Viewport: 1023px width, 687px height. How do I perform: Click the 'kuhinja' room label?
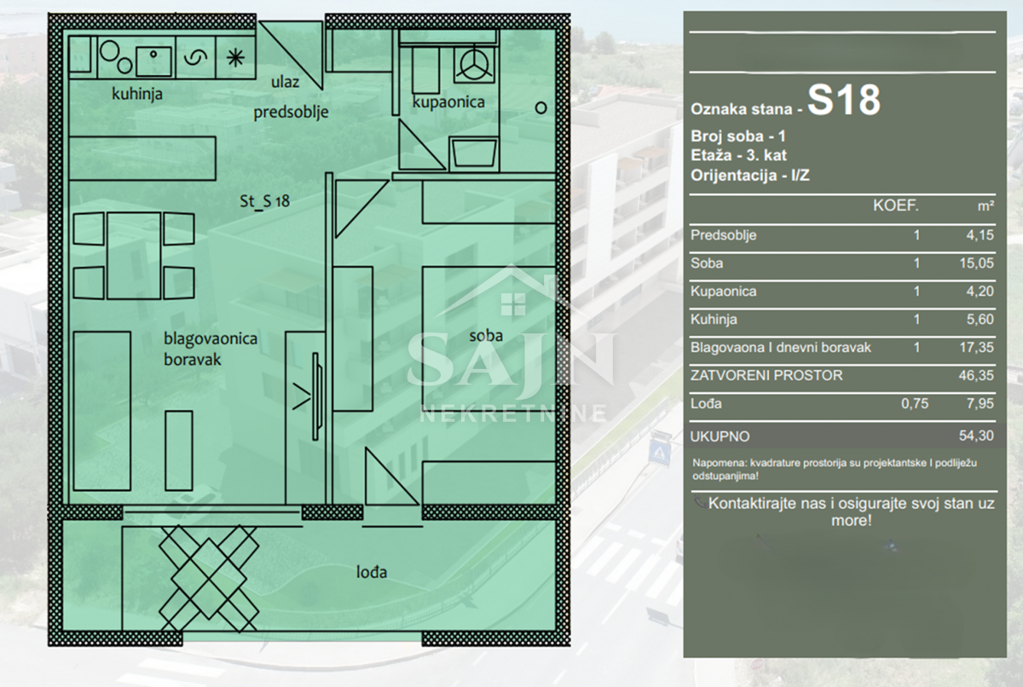pyautogui.click(x=137, y=94)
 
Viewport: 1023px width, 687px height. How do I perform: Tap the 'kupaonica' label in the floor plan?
pyautogui.click(x=448, y=101)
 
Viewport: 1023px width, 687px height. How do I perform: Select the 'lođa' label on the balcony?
pyautogui.click(x=372, y=572)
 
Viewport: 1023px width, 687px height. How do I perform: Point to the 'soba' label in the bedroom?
pyautogui.click(x=486, y=336)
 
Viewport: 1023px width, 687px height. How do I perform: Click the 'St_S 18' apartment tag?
pyautogui.click(x=264, y=201)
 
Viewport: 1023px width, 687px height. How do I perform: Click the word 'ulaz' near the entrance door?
pyautogui.click(x=285, y=82)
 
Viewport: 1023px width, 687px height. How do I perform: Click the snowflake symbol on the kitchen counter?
pyautogui.click(x=235, y=58)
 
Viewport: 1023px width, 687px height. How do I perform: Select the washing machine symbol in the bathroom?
pyautogui.click(x=475, y=63)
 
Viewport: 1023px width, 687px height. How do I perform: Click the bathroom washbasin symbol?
pyautogui.click(x=474, y=153)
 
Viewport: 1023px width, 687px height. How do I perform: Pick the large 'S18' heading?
pyautogui.click(x=844, y=101)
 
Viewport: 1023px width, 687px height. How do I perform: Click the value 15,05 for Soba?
pyautogui.click(x=976, y=263)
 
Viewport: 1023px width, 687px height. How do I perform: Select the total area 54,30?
pyautogui.click(x=976, y=436)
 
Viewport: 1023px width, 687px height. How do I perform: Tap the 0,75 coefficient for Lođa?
pyautogui.click(x=915, y=403)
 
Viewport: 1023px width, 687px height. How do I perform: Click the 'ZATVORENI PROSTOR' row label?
pyautogui.click(x=766, y=375)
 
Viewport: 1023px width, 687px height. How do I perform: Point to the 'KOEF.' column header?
pyautogui.click(x=896, y=206)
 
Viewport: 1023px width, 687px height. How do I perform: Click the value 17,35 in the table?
pyautogui.click(x=976, y=348)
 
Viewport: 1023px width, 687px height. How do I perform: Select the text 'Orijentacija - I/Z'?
pyautogui.click(x=750, y=176)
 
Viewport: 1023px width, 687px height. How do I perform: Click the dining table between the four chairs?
pyautogui.click(x=134, y=256)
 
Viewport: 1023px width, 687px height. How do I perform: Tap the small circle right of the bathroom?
pyautogui.click(x=540, y=108)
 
